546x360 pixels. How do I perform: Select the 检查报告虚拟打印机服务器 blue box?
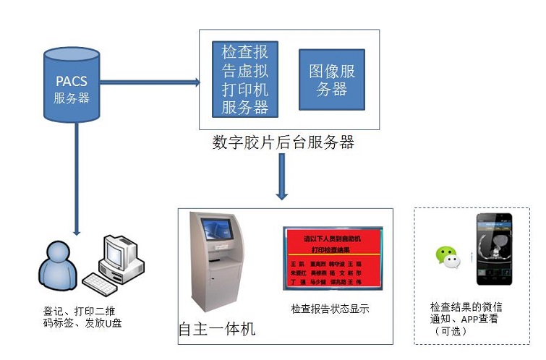pos(240,79)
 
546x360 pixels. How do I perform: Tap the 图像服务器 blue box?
pos(331,80)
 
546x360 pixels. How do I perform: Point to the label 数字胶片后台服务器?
pos(283,142)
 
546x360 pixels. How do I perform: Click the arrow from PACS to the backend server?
pos(148,82)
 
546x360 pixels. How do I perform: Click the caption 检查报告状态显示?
pos(330,309)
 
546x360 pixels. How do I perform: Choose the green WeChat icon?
pos(447,256)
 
